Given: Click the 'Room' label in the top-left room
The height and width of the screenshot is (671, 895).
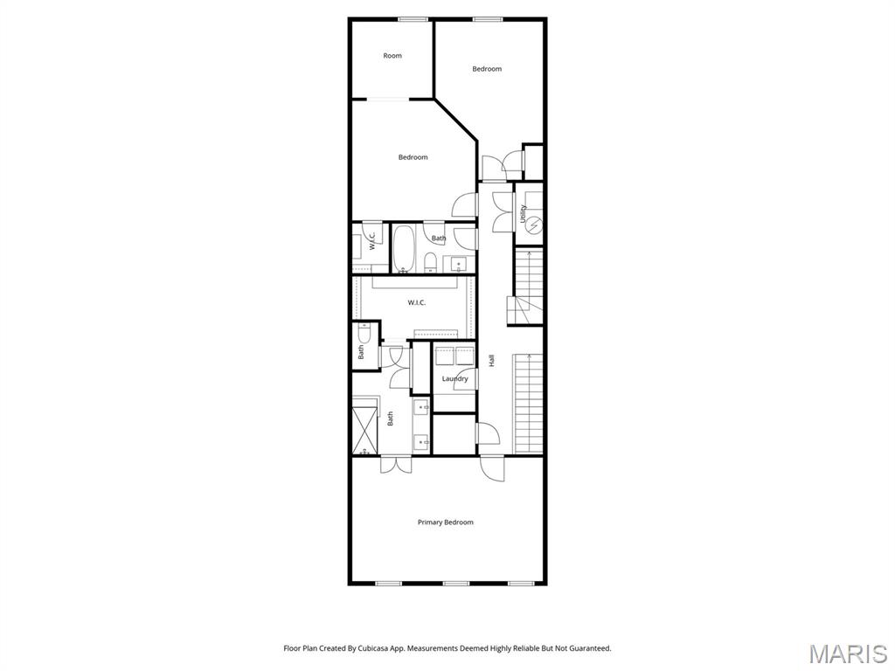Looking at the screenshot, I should pos(392,56).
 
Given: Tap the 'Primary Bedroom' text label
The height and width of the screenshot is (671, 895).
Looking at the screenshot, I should pos(445,522).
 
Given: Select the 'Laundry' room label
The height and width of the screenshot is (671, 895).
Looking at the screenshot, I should pos(454,378).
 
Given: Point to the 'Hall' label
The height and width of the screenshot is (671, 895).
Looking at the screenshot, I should pos(492,360).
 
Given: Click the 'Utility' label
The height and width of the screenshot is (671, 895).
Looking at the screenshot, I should pos(523,213).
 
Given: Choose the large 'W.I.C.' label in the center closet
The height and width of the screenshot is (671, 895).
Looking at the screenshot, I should pos(416,303).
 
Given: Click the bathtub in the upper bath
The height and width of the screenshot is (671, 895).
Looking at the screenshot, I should pos(404,250).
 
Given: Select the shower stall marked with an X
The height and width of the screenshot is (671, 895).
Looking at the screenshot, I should pos(364,425).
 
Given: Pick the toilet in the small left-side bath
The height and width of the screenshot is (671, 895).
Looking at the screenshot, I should pos(364,334).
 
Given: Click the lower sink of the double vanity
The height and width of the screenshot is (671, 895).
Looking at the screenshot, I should pos(421,440).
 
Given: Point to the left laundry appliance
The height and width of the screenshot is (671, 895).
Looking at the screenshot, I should pos(445,356).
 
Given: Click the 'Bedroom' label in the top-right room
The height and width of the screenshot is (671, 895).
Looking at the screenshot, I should pos(487,69).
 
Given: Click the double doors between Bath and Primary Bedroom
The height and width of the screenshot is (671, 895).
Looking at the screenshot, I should pos(395,465).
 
